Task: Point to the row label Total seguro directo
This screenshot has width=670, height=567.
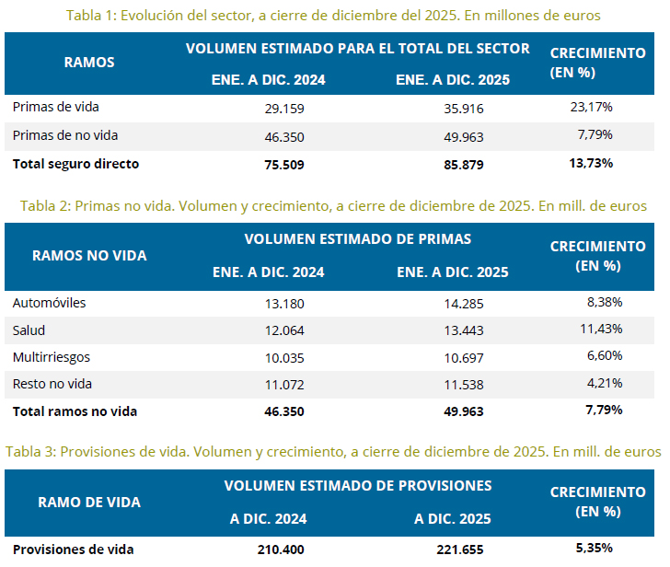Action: [75, 164]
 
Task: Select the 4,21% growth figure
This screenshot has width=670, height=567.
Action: [604, 383]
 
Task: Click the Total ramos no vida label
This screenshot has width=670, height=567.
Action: [75, 411]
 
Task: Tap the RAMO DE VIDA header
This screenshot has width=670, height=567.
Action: [89, 503]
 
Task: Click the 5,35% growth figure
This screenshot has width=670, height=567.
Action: [595, 549]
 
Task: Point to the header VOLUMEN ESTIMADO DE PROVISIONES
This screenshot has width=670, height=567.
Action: [358, 485]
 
